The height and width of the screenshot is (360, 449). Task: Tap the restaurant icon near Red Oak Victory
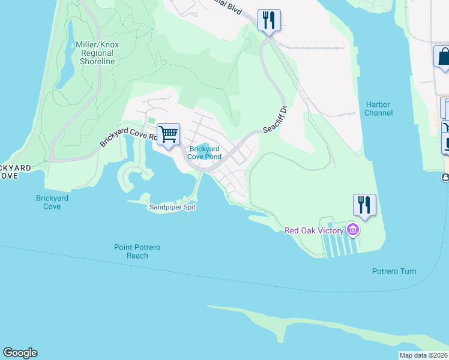(364, 205)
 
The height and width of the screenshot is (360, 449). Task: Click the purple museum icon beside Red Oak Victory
(353, 230)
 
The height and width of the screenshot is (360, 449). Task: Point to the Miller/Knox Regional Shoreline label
(97, 53)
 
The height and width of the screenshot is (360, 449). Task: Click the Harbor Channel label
(379, 109)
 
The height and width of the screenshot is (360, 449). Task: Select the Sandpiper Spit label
(172, 207)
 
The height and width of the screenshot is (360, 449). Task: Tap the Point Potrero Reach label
(137, 251)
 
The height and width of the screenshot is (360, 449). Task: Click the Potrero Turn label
(393, 271)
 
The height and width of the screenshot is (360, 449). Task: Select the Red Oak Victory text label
(314, 230)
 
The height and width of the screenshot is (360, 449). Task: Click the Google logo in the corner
(20, 353)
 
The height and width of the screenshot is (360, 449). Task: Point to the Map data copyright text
(424, 355)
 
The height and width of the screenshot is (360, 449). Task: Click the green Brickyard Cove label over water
(52, 202)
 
